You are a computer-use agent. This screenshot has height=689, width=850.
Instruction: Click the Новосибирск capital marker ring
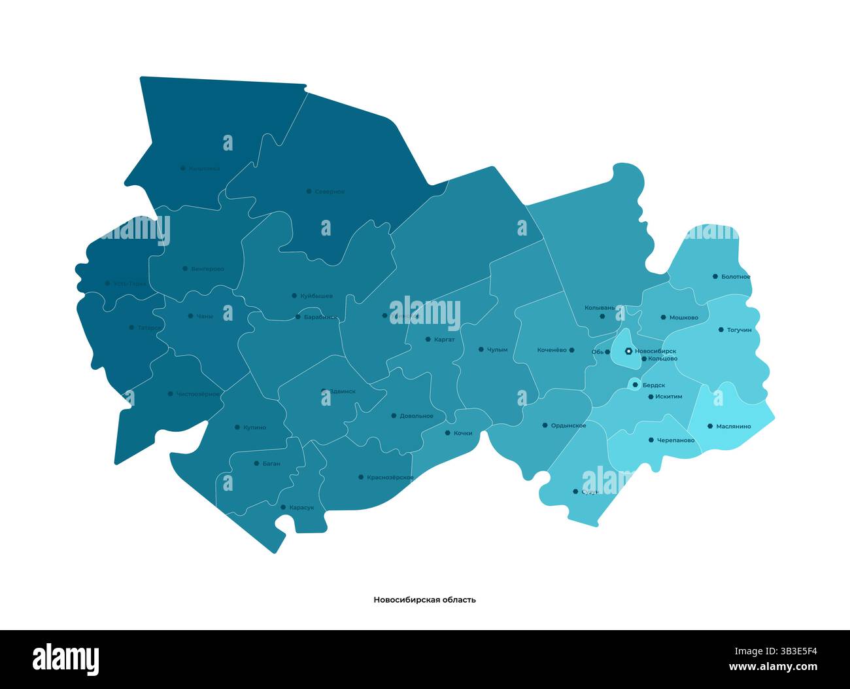[x=628, y=351]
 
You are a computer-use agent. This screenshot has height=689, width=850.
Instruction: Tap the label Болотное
[x=736, y=277]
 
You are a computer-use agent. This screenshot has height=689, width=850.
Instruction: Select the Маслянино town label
[x=733, y=427]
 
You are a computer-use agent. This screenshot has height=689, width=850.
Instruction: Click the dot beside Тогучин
[x=721, y=330]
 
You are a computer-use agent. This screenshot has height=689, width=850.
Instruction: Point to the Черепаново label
[x=675, y=440]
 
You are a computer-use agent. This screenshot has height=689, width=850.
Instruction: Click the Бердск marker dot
[x=635, y=385]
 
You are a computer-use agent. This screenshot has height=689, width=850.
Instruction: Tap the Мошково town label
[x=683, y=318]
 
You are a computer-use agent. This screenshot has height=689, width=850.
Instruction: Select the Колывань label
[x=599, y=307]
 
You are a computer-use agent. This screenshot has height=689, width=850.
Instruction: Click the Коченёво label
[x=552, y=350]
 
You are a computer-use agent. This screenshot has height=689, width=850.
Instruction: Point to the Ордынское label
[x=568, y=426]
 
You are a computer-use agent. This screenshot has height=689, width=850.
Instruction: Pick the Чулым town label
[x=497, y=350]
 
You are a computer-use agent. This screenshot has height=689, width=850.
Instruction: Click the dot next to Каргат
[x=428, y=340]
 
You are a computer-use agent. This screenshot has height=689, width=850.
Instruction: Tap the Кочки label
[x=462, y=433]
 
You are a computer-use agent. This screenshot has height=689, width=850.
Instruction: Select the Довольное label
[x=416, y=416]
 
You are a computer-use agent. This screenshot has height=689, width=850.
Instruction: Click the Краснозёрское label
[x=390, y=478]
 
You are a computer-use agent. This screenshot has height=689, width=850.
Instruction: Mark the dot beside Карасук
[x=283, y=507]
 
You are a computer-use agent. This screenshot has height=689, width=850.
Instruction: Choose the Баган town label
[x=271, y=463]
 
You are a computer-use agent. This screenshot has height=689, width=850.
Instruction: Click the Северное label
[x=330, y=192]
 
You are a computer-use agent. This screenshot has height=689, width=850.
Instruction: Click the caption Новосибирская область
[x=424, y=599]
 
